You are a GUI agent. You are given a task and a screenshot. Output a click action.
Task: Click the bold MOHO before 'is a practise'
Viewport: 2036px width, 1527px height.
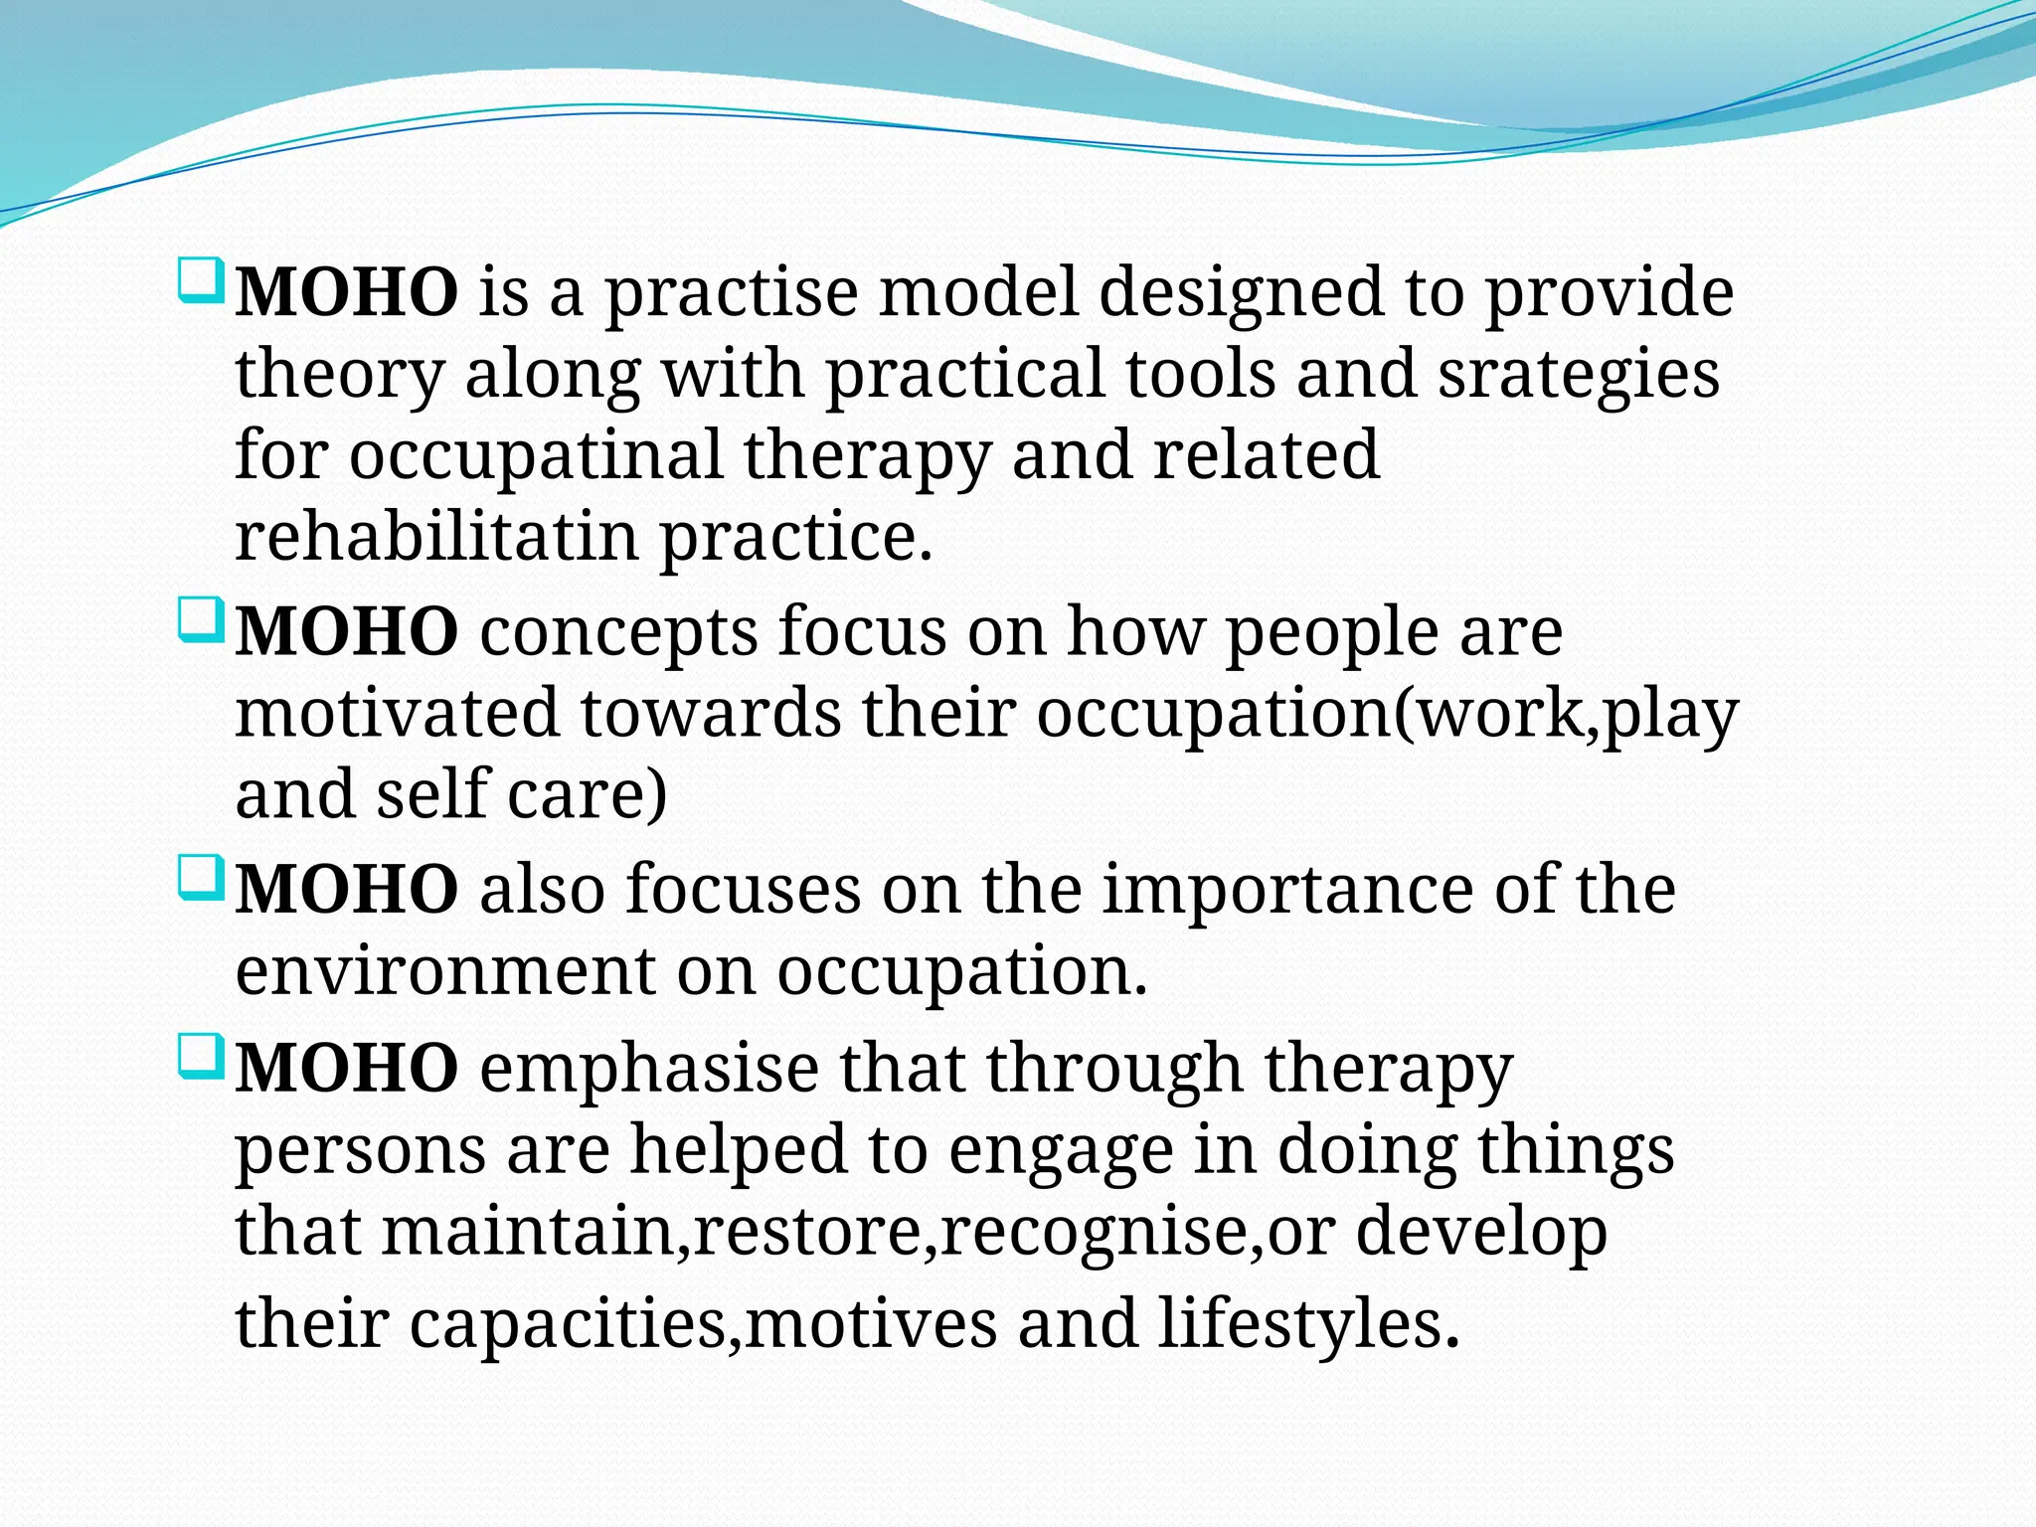pyautogui.click(x=346, y=294)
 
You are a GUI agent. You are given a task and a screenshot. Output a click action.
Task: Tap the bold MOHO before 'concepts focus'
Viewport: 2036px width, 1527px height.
pyautogui.click(x=346, y=633)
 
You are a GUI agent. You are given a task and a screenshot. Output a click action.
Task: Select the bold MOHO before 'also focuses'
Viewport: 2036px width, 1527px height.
pyautogui.click(x=346, y=890)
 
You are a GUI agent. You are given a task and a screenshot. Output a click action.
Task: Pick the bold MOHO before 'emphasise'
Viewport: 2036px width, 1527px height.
pyautogui.click(x=346, y=1069)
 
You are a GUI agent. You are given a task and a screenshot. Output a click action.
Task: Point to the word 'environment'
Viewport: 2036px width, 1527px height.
pyautogui.click(x=445, y=971)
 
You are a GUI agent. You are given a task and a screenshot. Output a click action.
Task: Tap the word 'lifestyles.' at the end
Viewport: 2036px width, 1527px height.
pyautogui.click(x=1308, y=1324)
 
